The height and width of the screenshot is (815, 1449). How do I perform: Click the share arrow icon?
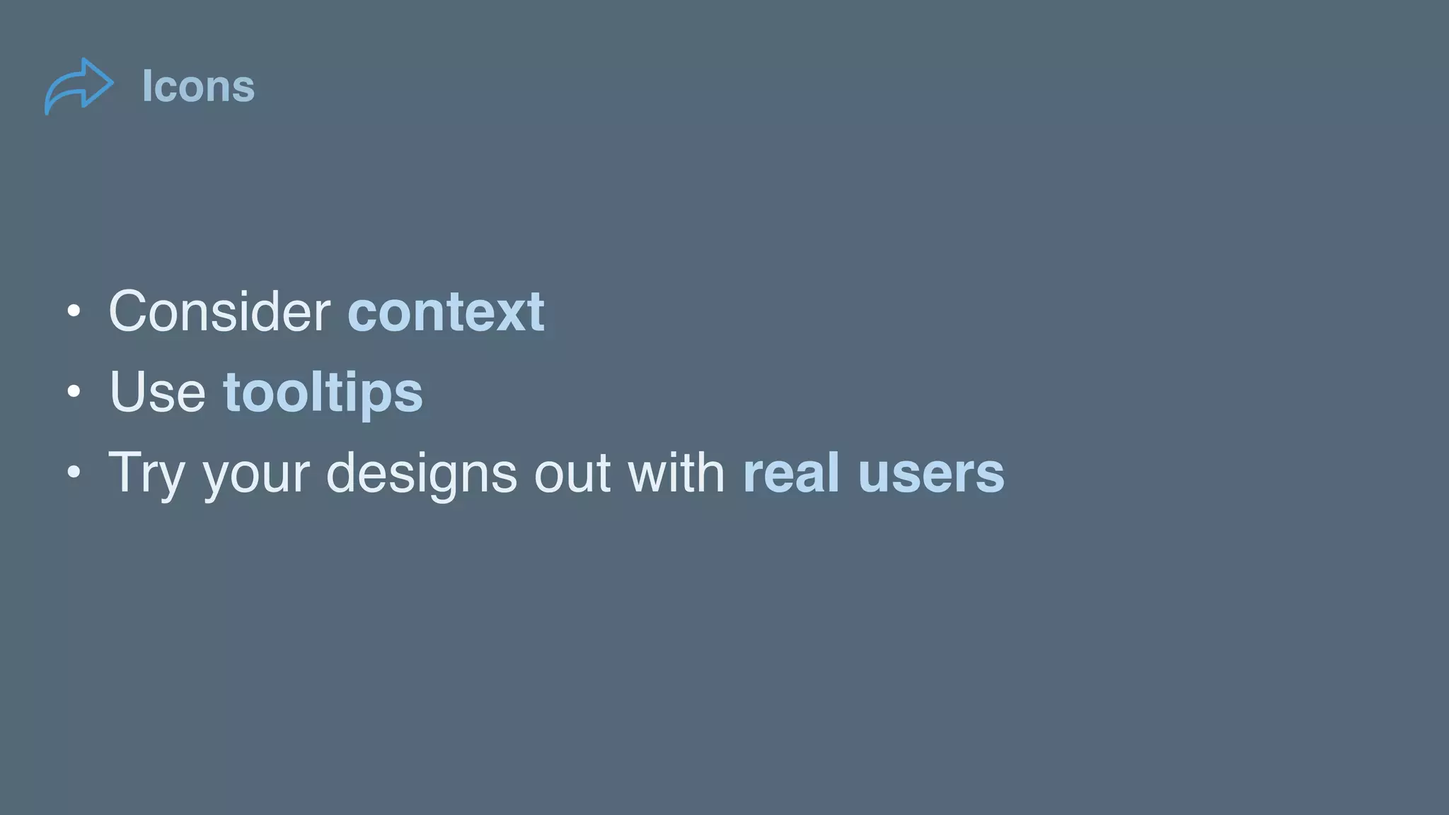(x=79, y=86)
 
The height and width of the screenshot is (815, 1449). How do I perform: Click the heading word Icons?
(x=198, y=86)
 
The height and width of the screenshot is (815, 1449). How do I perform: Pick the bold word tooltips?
(x=323, y=393)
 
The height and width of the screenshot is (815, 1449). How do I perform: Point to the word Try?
(x=146, y=473)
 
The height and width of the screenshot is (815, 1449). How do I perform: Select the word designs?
(x=421, y=473)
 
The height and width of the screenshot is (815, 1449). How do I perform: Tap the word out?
(x=572, y=473)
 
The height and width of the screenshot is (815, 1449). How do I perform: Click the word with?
(x=676, y=472)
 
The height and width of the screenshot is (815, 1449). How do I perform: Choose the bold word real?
(x=791, y=472)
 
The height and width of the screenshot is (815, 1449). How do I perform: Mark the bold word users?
(x=931, y=473)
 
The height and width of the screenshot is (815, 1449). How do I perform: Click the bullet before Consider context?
(x=74, y=311)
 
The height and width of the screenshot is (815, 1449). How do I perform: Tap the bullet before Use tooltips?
(x=74, y=391)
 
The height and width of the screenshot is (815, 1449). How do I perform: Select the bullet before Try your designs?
(x=74, y=472)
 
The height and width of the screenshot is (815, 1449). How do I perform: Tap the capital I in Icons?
(x=146, y=86)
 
